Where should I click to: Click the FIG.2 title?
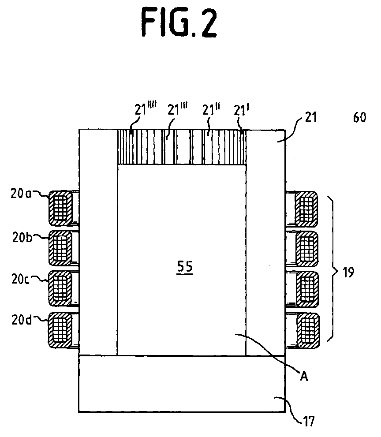point(179,22)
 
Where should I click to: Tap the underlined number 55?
point(185,268)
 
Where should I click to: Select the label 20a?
point(22,193)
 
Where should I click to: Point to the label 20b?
point(22,237)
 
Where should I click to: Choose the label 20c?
point(21,279)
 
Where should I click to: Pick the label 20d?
point(22,320)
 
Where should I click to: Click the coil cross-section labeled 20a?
point(61,208)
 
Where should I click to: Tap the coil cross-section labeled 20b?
point(61,248)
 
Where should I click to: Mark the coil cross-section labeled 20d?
point(61,330)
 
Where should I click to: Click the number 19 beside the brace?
point(348,272)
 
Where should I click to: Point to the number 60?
point(359,118)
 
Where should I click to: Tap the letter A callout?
point(304,377)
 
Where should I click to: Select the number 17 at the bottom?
point(309,421)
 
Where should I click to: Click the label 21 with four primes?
point(146,108)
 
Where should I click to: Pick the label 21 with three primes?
point(177,108)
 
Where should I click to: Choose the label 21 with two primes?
point(211,109)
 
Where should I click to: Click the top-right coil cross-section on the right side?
point(306,209)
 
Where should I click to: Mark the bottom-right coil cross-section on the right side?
point(308,331)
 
